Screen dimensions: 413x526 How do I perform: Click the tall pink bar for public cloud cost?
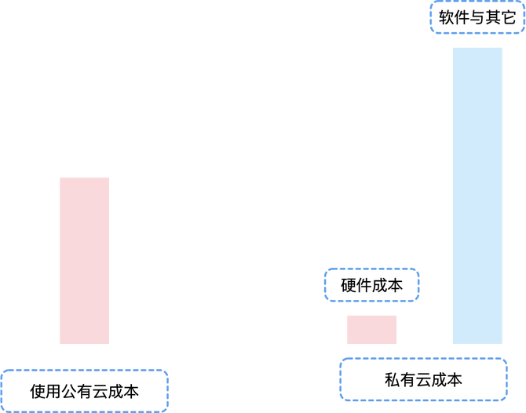click(x=84, y=260)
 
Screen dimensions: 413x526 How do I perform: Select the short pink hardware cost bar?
click(x=371, y=329)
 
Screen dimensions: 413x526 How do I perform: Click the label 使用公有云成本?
click(x=84, y=390)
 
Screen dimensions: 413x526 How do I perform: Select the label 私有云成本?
click(x=423, y=380)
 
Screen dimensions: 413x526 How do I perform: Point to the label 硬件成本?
click(x=371, y=286)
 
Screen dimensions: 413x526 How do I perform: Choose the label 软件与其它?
click(x=477, y=17)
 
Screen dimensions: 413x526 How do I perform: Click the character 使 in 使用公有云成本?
click(x=37, y=390)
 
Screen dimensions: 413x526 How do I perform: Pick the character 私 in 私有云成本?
click(x=392, y=380)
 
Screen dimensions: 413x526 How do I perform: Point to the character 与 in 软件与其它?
click(x=477, y=17)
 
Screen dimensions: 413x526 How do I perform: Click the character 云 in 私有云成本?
click(x=423, y=380)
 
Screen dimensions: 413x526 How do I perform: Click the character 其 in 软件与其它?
click(x=492, y=17)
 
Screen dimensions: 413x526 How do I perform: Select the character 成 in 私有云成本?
click(x=439, y=380)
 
